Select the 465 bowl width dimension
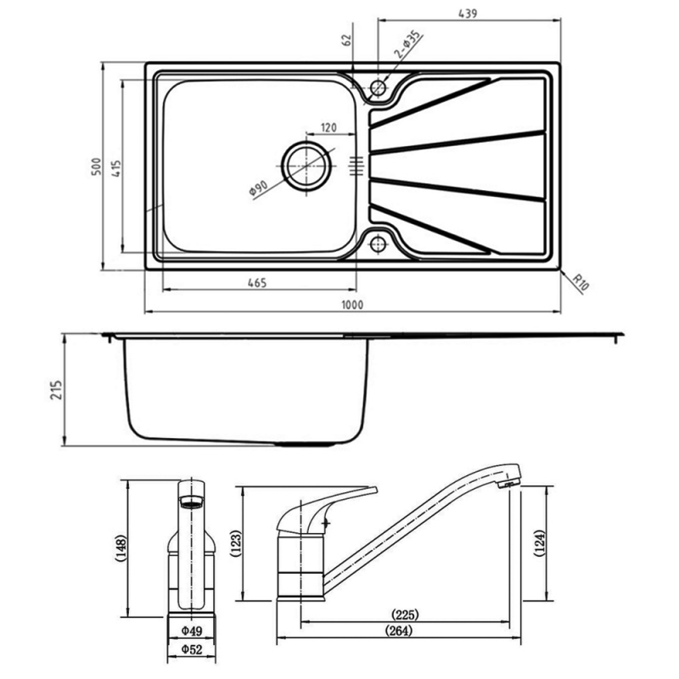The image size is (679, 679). [258, 283]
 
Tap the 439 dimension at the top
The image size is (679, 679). [468, 13]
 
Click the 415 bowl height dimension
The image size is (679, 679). [115, 167]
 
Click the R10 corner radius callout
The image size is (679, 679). [580, 282]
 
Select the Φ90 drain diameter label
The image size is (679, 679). [259, 188]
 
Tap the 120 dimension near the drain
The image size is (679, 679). [328, 128]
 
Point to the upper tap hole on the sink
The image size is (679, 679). [378, 87]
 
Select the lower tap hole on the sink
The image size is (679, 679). [378, 245]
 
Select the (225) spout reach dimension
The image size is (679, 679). [405, 614]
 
